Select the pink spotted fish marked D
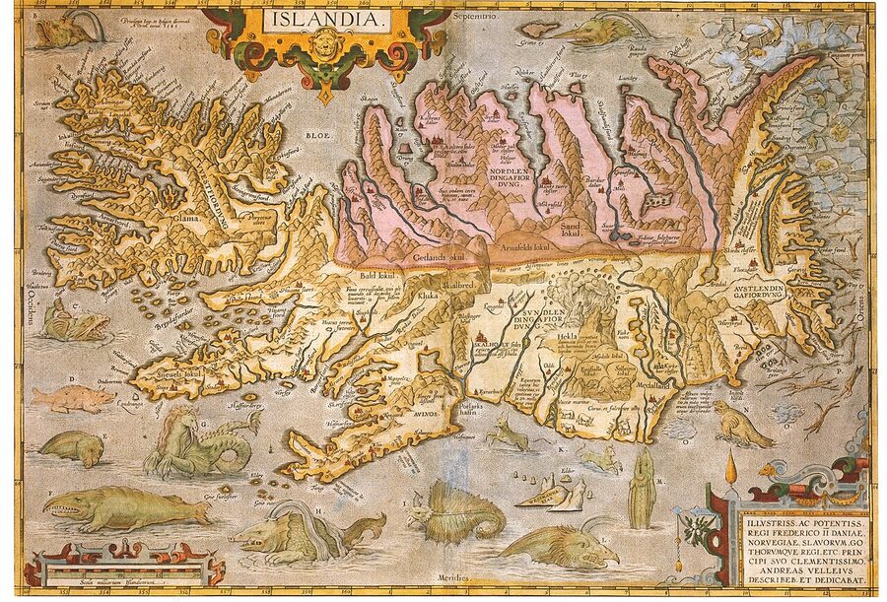pyautogui.click(x=74, y=397)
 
